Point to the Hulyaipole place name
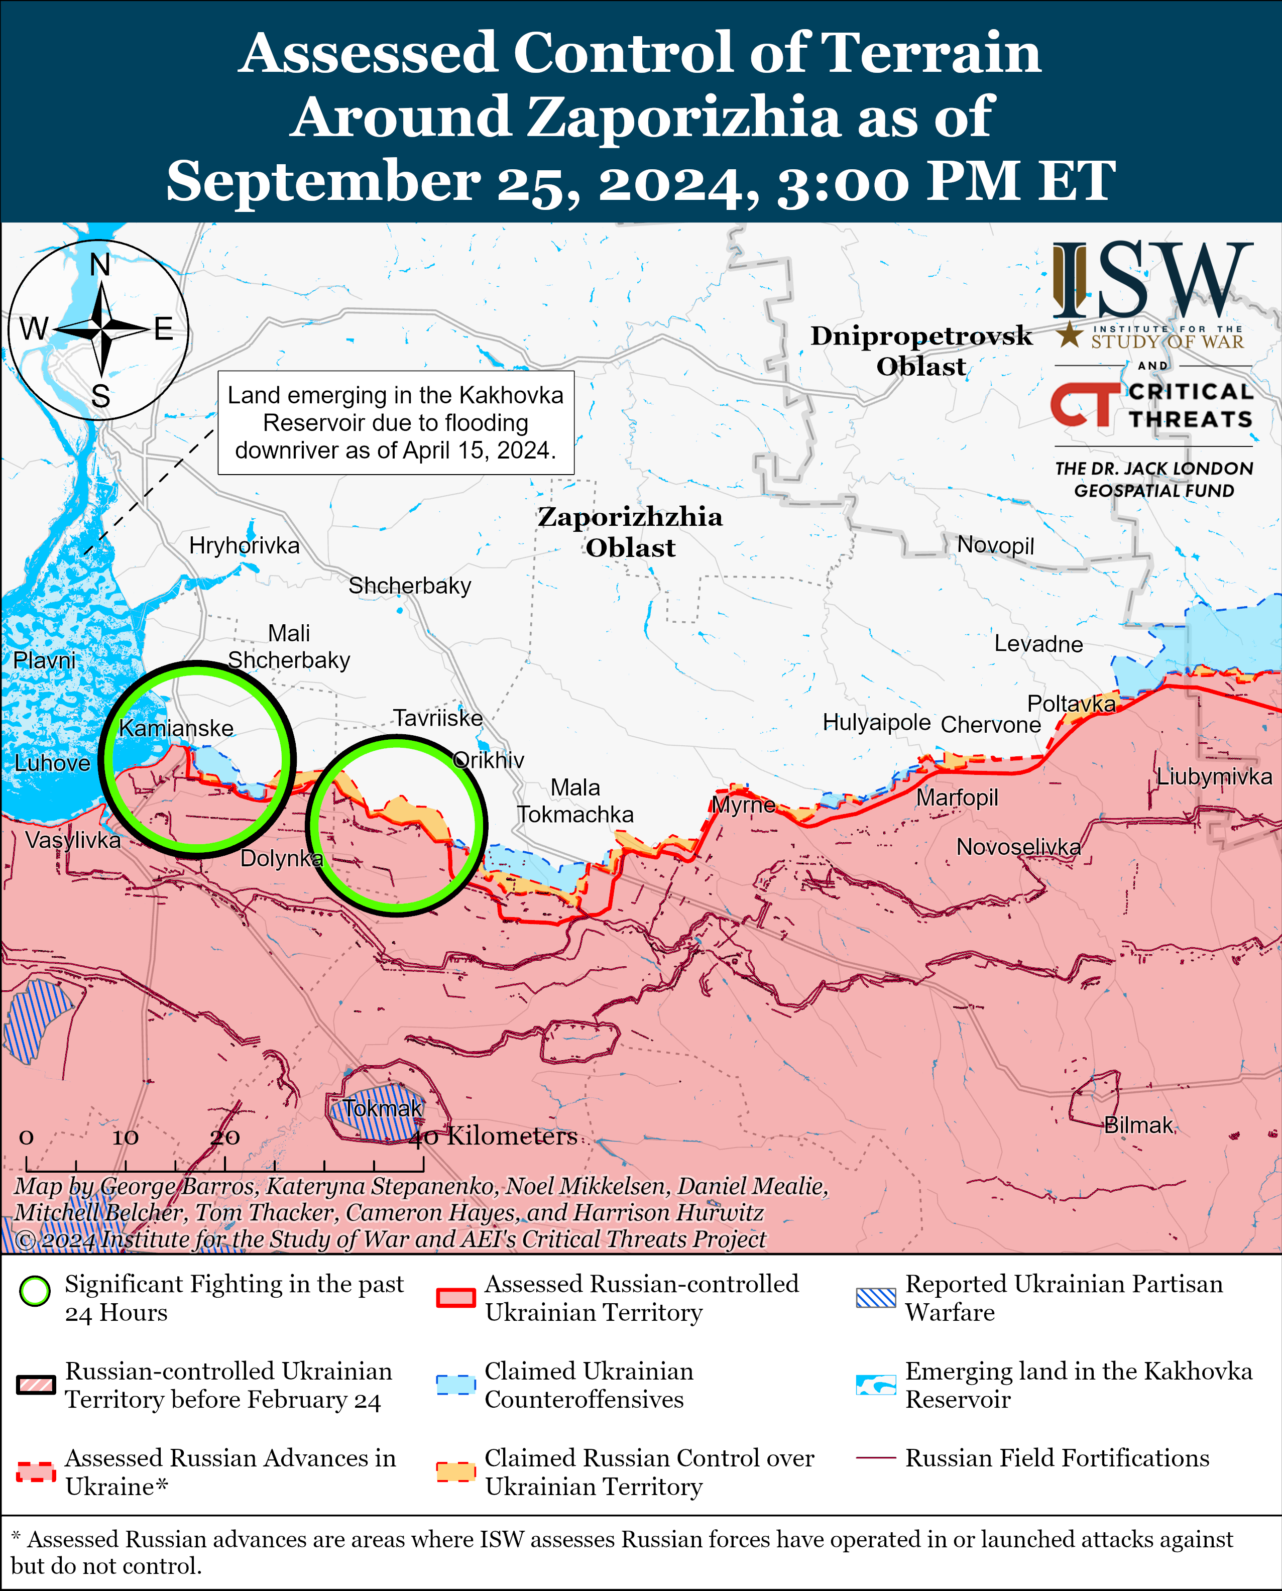[x=877, y=722]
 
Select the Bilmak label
[x=1138, y=1125]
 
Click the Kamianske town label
[x=176, y=728]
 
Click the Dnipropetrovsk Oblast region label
[x=921, y=351]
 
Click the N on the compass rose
[x=100, y=265]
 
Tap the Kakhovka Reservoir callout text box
[x=396, y=422]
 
